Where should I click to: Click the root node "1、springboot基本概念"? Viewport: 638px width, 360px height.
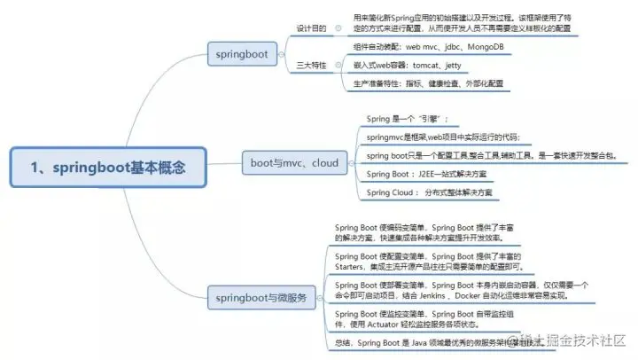pyautogui.click(x=105, y=167)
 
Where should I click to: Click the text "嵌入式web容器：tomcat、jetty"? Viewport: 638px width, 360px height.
pyautogui.click(x=407, y=66)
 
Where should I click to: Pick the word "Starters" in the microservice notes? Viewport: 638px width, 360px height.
pyautogui.click(x=356, y=266)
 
